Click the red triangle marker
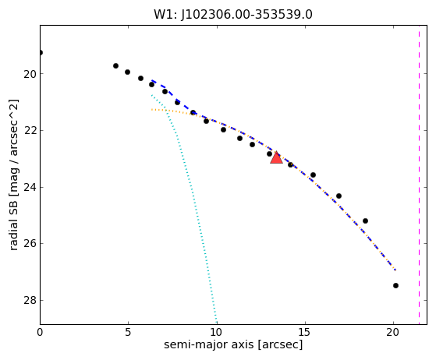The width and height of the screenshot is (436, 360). click(276, 157)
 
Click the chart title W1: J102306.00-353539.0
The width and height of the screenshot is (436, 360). click(233, 15)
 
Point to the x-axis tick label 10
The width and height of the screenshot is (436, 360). click(217, 332)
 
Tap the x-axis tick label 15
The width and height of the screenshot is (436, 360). click(305, 332)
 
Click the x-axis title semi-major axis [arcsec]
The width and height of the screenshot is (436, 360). click(233, 344)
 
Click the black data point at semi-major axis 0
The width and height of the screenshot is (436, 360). click(41, 52)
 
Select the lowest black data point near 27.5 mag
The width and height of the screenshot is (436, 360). click(395, 285)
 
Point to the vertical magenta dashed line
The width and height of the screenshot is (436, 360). click(419, 175)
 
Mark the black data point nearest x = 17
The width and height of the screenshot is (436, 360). click(339, 196)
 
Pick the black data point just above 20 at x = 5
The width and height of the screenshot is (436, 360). click(127, 72)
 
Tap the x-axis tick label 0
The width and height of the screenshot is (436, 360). click(40, 332)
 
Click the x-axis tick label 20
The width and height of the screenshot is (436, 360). click(393, 332)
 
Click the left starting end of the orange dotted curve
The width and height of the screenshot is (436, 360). click(152, 109)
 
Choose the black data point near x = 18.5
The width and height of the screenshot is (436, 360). click(365, 221)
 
